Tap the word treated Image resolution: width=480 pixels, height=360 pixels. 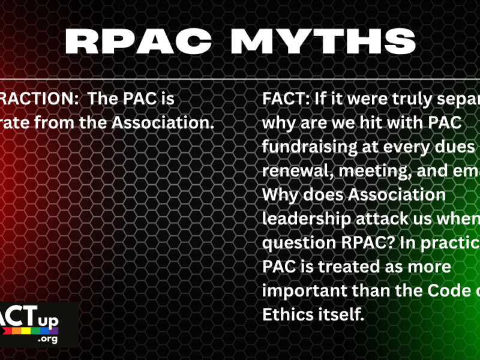tap(338, 267)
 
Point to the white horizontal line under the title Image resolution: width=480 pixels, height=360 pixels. tap(240, 80)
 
